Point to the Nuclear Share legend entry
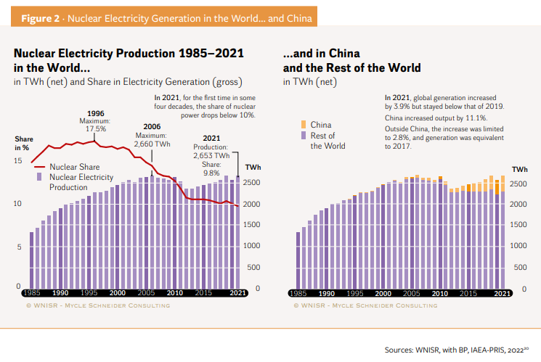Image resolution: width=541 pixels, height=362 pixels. point(73,167)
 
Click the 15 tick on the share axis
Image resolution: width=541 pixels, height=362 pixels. point(18,160)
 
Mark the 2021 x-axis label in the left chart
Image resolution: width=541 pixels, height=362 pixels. point(237,293)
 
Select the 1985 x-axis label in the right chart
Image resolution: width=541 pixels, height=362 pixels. point(298,293)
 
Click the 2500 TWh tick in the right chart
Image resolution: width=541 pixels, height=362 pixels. point(518,184)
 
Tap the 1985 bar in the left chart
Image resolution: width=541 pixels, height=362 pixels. point(32,259)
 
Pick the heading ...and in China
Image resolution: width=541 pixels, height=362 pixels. point(321,54)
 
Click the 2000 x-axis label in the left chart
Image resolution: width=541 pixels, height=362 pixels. point(117,293)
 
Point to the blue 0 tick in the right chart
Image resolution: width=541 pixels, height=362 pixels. point(525,288)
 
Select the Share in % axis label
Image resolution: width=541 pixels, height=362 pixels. point(23,143)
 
